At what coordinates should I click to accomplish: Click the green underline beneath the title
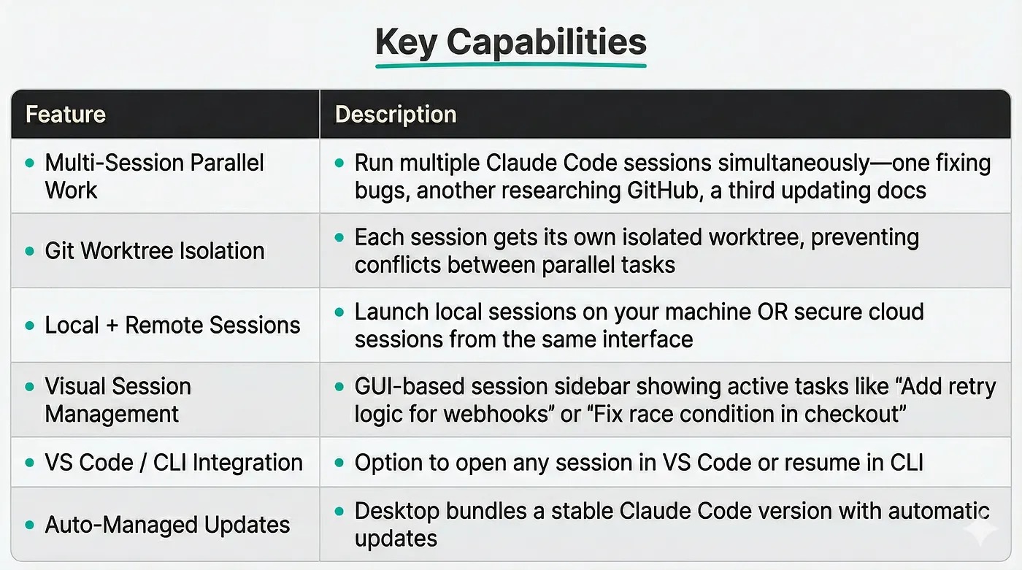click(510, 66)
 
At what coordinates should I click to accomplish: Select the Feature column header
click(65, 114)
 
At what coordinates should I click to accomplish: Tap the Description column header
click(396, 114)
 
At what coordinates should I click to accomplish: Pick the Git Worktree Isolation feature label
click(155, 251)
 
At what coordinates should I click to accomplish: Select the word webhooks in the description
click(496, 414)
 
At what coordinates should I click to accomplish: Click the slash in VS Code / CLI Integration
click(143, 463)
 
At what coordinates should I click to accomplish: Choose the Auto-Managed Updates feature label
click(167, 525)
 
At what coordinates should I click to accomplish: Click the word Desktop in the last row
click(396, 512)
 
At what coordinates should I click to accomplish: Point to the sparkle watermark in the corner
click(980, 529)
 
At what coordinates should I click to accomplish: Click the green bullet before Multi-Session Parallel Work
click(30, 163)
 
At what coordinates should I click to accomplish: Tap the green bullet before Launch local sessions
click(339, 312)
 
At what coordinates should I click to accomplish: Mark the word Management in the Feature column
click(111, 415)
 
